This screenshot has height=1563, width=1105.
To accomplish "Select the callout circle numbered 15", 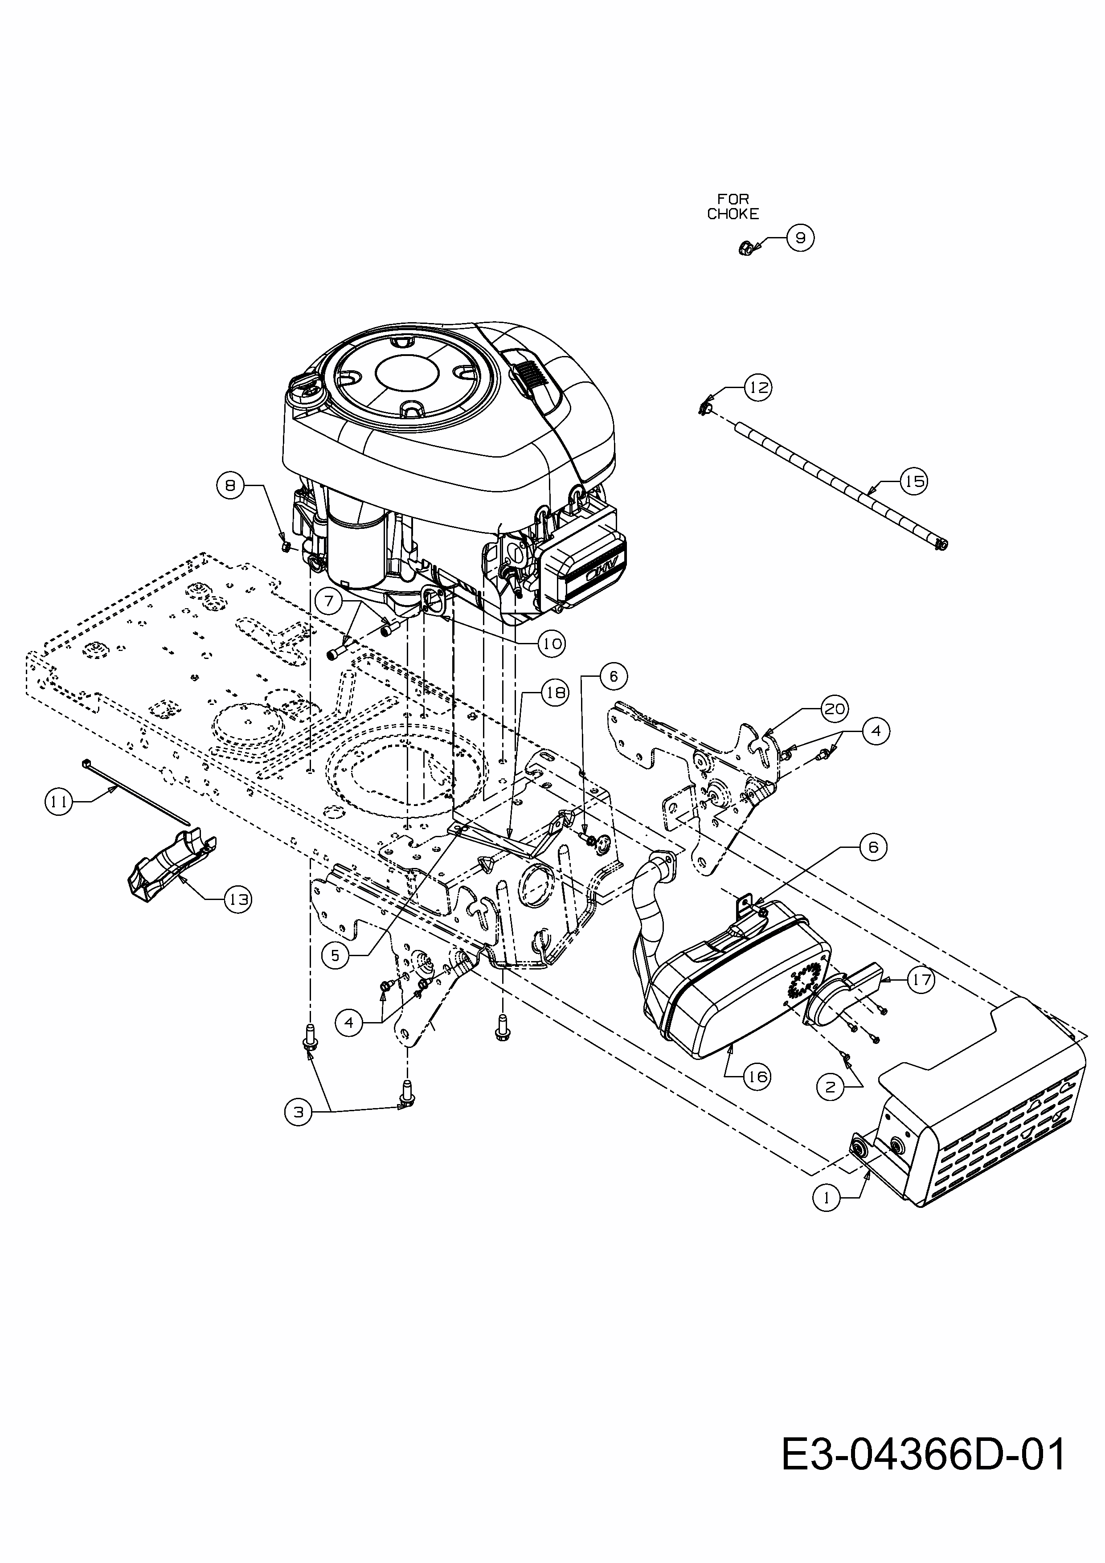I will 914,481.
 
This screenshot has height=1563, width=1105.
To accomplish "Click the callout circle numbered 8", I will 230,485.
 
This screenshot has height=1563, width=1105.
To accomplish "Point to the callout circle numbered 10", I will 552,642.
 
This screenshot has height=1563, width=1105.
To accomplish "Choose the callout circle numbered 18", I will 554,693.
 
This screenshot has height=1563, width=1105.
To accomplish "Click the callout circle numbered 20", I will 834,709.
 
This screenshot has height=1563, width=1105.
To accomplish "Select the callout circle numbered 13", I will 237,900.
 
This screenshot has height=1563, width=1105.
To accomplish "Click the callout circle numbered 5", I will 335,956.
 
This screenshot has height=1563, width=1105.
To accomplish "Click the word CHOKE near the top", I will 733,214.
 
